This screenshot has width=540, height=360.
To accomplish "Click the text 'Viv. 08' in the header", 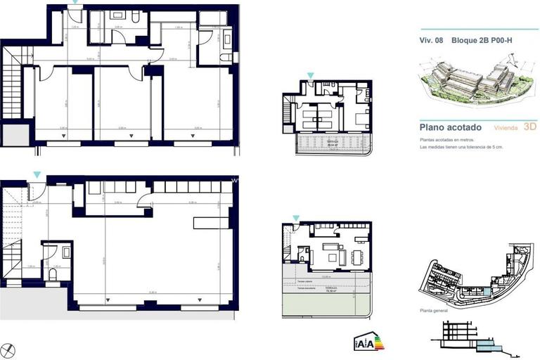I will (430, 41).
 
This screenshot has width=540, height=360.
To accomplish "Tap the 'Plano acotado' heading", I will (450, 127).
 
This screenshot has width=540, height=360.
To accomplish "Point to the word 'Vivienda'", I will (507, 128).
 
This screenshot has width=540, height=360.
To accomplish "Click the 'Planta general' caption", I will (435, 310).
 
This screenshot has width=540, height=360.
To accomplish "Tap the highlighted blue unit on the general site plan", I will (486, 292).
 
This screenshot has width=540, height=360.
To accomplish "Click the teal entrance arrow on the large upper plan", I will (76, 3).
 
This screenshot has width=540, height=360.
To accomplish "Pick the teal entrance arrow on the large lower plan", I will (37, 174).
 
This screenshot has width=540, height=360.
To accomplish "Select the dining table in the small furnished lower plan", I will (356, 254).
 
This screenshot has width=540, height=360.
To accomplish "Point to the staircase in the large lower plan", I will (13, 232).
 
